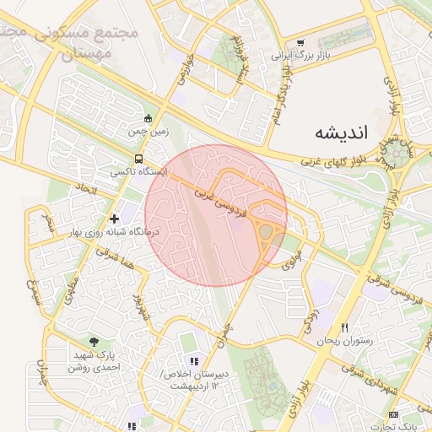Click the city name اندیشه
(342, 132)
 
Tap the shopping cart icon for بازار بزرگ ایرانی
(301, 42)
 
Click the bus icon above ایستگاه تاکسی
(138, 158)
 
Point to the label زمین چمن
(148, 132)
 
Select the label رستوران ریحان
(344, 342)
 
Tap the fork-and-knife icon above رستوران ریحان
(344, 327)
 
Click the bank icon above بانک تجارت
(394, 414)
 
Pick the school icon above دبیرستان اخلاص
(194, 360)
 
